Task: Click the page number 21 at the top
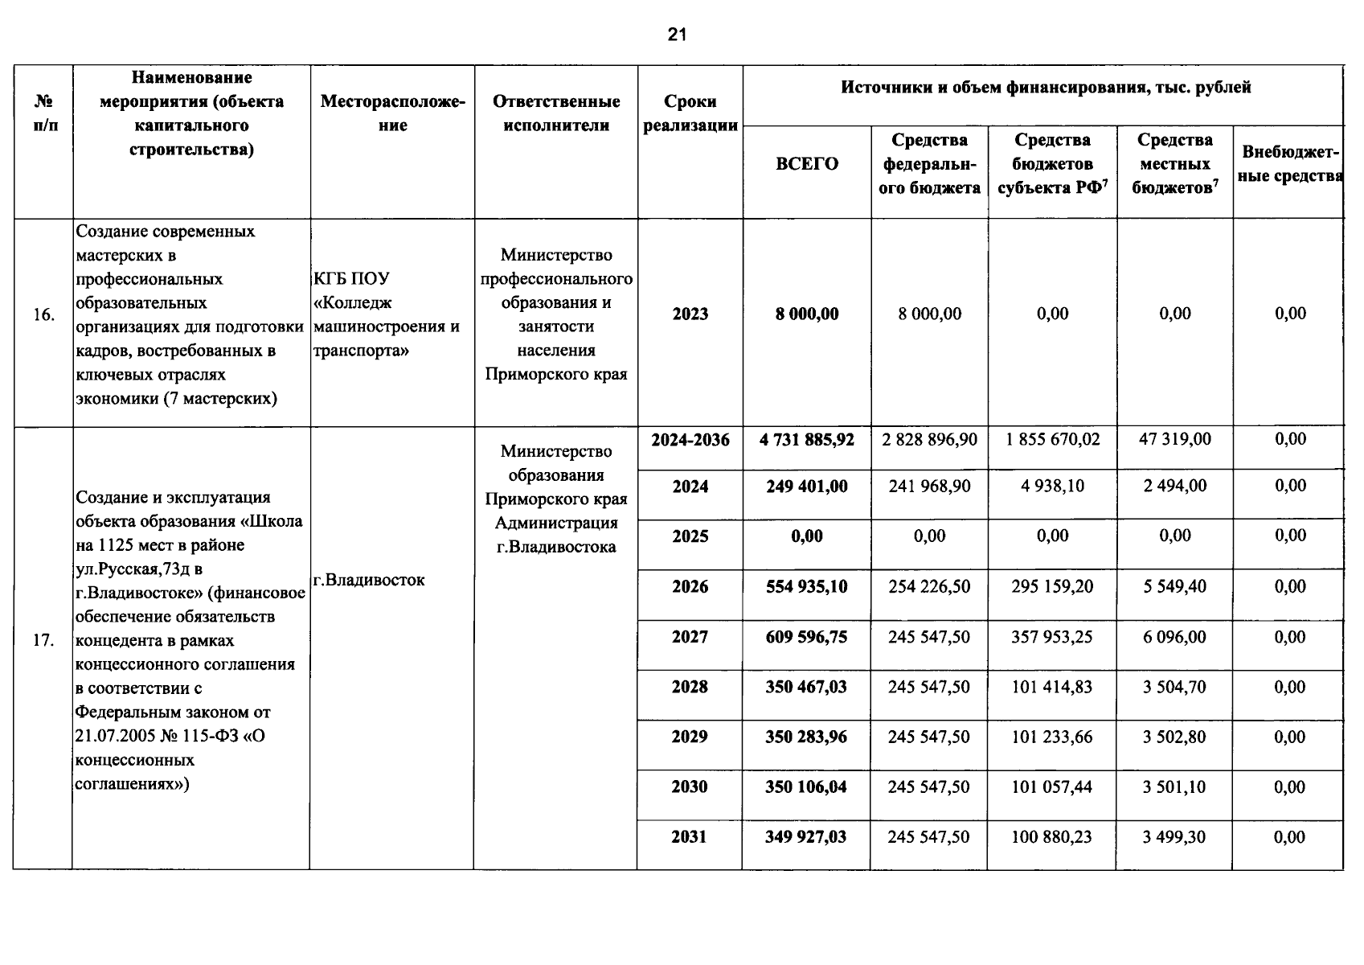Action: pos(677,35)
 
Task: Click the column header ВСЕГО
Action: pos(806,164)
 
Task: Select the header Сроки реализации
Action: pos(690,113)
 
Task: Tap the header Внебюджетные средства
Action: pos(1289,163)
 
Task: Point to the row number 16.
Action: pos(43,315)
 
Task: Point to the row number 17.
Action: pos(43,641)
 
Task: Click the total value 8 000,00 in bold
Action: pos(806,314)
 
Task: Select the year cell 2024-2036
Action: pos(690,440)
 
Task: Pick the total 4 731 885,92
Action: pos(806,440)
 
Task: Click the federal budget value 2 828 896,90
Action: pos(929,440)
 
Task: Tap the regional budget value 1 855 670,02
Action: pos(1052,440)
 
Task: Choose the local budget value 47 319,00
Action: pos(1174,439)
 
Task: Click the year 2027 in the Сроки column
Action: pos(690,638)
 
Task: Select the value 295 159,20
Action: pos(1052,587)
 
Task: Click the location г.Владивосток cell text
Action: pos(369,580)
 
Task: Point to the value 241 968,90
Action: pos(929,487)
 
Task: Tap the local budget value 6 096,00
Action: pos(1174,638)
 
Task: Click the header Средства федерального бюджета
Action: pos(931,164)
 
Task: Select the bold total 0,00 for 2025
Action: pos(806,536)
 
